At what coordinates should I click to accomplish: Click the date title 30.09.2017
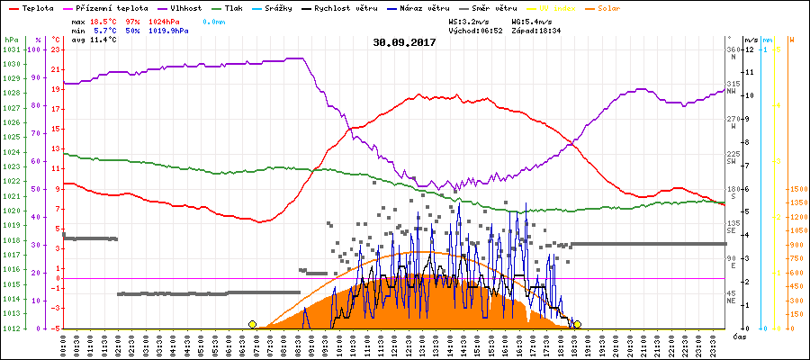click(x=404, y=42)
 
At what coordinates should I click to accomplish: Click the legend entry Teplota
click(x=31, y=8)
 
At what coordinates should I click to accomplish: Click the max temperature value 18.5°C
click(x=103, y=20)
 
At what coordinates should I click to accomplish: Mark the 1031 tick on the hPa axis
click(x=11, y=49)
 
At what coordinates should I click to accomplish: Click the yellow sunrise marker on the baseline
click(x=252, y=324)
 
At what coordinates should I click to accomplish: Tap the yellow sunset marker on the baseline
click(x=577, y=324)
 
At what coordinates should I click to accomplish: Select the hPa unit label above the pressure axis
click(x=10, y=40)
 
